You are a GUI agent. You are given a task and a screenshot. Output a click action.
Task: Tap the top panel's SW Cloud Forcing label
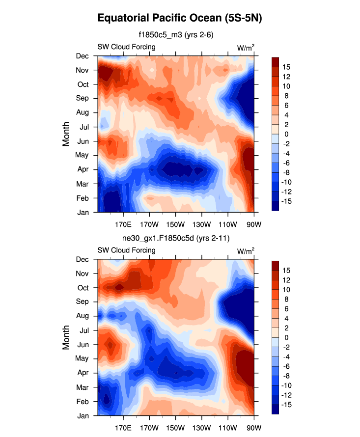[x=126, y=47]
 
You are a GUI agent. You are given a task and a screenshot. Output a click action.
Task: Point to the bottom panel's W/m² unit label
[x=246, y=250]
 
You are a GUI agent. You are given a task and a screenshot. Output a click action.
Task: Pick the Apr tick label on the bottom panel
[x=82, y=373]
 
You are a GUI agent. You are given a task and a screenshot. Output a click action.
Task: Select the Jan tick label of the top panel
[x=83, y=212]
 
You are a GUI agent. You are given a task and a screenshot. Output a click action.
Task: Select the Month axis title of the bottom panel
[x=67, y=338]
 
